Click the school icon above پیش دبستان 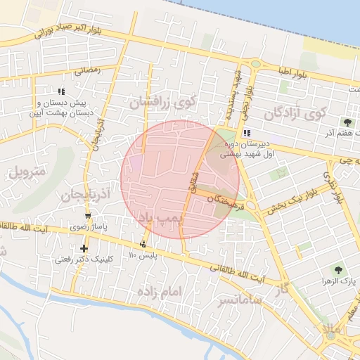(x=62, y=91)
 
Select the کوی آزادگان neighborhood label (x=297, y=112)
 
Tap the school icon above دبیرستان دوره (x=246, y=134)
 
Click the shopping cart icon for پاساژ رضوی (x=88, y=216)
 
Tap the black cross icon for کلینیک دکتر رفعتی (x=84, y=247)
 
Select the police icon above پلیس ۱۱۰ (x=143, y=244)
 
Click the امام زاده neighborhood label (x=160, y=290)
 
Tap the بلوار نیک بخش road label (x=290, y=202)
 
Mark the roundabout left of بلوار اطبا (x=255, y=64)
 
